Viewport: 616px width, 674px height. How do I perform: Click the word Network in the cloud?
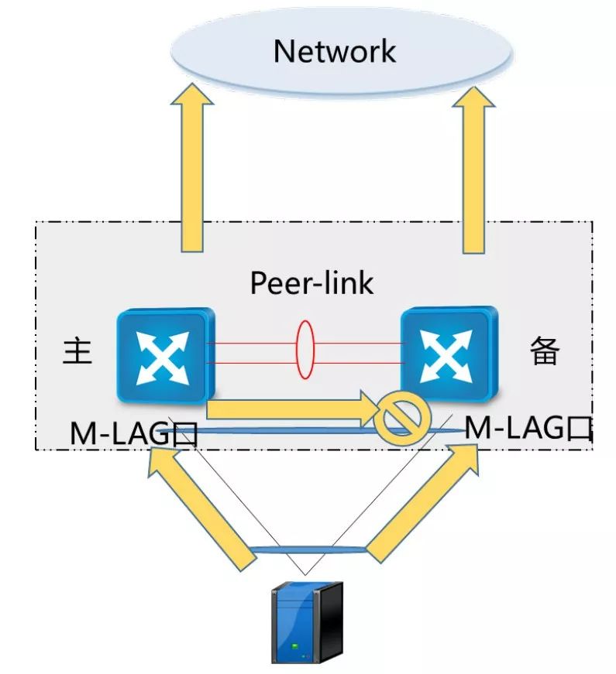click(335, 52)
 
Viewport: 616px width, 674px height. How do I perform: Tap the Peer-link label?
click(311, 283)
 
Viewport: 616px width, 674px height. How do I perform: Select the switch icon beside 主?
click(166, 355)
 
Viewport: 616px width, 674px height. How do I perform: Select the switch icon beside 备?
click(449, 354)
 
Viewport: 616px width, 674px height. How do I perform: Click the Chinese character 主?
click(77, 351)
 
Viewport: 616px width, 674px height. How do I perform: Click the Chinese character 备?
click(545, 351)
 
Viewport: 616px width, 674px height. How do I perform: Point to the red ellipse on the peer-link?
click(305, 350)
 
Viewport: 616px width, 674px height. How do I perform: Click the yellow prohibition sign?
click(402, 417)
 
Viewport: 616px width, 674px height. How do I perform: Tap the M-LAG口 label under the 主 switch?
click(134, 433)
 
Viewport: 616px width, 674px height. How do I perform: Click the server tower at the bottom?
click(308, 623)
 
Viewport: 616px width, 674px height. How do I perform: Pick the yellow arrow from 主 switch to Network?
click(192, 168)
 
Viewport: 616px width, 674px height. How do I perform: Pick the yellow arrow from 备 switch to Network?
click(473, 169)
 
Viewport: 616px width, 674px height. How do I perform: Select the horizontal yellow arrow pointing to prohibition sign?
click(293, 409)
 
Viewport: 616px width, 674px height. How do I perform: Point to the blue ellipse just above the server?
click(308, 549)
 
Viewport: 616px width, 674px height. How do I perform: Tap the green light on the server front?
click(295, 646)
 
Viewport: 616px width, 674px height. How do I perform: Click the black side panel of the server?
click(332, 622)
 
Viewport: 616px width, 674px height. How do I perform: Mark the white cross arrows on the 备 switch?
click(446, 356)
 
